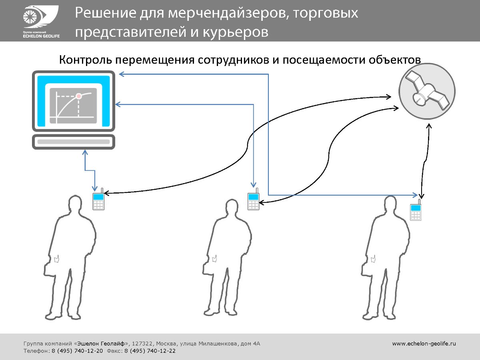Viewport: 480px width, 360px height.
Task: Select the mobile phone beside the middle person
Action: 253,201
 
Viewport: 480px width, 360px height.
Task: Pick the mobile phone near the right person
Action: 416,212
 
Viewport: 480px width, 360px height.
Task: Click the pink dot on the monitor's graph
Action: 79,96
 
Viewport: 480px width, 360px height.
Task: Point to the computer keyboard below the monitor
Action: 74,142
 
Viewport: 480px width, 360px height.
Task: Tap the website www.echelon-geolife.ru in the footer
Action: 424,343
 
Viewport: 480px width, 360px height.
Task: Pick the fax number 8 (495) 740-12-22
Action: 150,351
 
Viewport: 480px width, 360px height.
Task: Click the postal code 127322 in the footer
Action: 142,343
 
